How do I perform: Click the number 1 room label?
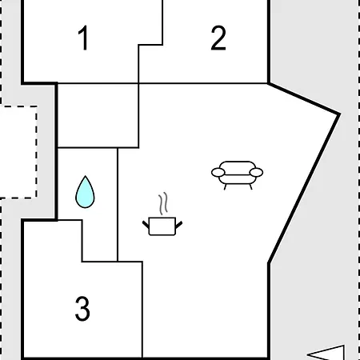click(83, 38)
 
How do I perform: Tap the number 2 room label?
click(218, 38)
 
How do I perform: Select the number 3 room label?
click(82, 309)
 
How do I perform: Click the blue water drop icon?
click(85, 192)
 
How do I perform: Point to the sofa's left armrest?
click(218, 173)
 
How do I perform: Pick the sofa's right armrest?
click(256, 173)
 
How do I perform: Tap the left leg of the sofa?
click(226, 186)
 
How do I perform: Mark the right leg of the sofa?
click(250, 186)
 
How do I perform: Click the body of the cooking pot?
click(162, 226)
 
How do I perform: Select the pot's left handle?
click(146, 225)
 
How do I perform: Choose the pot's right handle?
click(179, 225)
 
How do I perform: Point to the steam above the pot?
click(163, 203)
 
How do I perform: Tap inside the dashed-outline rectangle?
click(18, 152)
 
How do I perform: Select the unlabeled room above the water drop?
click(98, 115)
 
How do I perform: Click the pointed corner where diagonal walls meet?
click(339, 114)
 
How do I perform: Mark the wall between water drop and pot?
click(118, 205)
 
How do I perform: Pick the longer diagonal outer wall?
click(304, 188)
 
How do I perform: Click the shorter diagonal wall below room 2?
click(304, 98)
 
